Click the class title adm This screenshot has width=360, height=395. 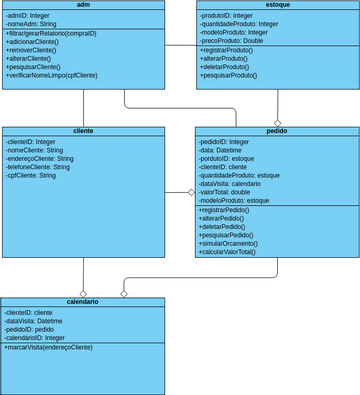pyautogui.click(x=82, y=5)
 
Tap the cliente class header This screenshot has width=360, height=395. pyautogui.click(x=84, y=131)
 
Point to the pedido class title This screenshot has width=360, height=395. pyautogui.click(x=276, y=131)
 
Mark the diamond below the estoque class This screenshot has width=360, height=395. pyautogui.click(x=277, y=122)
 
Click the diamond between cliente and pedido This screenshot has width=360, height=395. pyautogui.click(x=191, y=192)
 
